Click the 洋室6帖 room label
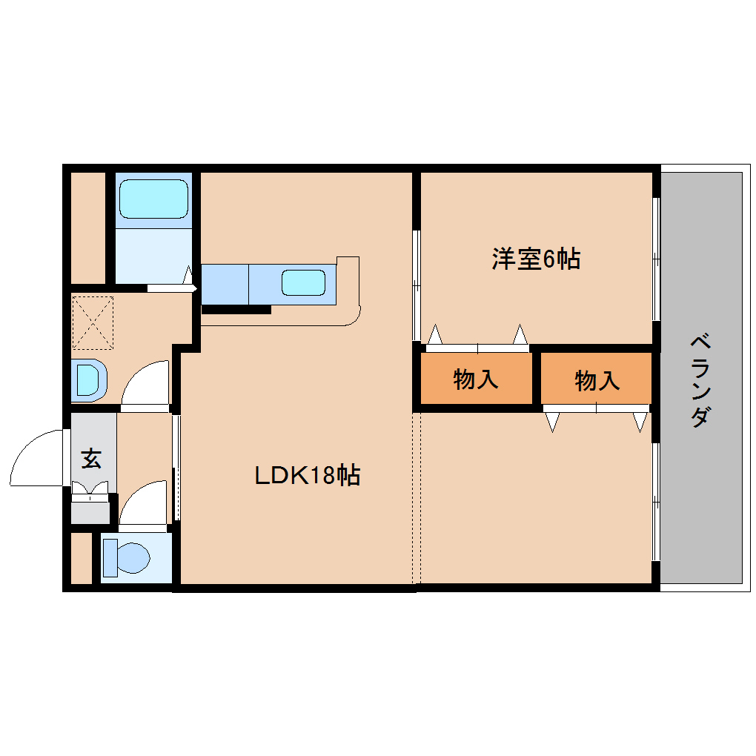coord(535,259)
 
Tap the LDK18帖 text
coord(307,475)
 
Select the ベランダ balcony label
coord(700,380)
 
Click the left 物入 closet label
coord(476,379)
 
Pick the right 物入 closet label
coord(597,380)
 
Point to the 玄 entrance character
coord(90,459)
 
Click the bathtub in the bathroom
coord(153,198)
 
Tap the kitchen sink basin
coord(303,282)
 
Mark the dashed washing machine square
coord(93,322)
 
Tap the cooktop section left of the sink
coord(225,283)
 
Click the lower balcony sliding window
coord(656,501)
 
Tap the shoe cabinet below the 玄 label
coord(90,511)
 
